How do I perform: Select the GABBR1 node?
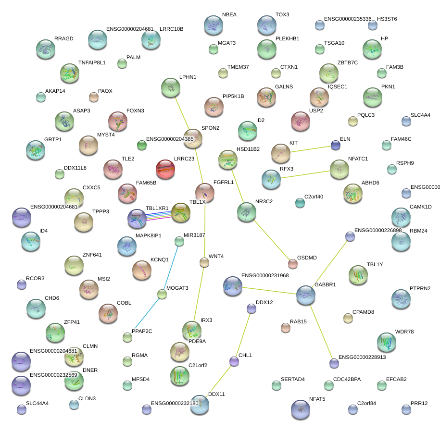(x=305, y=295)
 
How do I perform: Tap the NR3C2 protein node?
(x=247, y=212)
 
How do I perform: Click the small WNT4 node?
(x=204, y=262)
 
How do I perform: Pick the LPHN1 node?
(x=171, y=87)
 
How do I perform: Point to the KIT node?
(x=281, y=154)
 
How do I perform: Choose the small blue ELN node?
(x=335, y=145)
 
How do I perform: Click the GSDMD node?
(x=293, y=263)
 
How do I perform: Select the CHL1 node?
(x=234, y=361)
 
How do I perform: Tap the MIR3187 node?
(x=179, y=241)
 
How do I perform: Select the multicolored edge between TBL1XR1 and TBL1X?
(x=159, y=217)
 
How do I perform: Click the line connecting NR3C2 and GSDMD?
(x=270, y=238)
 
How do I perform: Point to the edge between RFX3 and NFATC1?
(x=305, y=174)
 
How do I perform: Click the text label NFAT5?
(x=316, y=399)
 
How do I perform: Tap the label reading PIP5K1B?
(x=233, y=97)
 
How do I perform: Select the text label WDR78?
(x=404, y=332)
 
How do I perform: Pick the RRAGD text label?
(x=63, y=39)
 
